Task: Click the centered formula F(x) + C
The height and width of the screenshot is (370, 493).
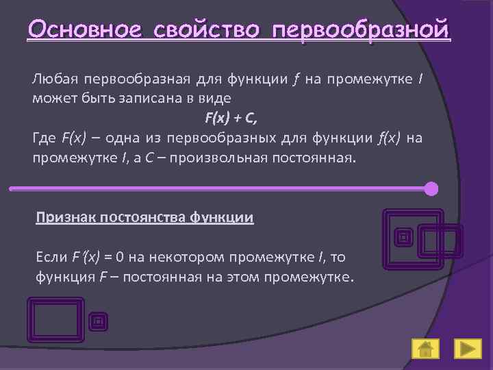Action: (x=228, y=118)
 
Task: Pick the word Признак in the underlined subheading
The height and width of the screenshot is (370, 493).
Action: (x=66, y=218)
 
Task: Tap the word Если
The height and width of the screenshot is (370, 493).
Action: (x=51, y=258)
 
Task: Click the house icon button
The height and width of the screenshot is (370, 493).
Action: (x=425, y=349)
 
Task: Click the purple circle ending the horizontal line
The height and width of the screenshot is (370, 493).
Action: (x=431, y=188)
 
